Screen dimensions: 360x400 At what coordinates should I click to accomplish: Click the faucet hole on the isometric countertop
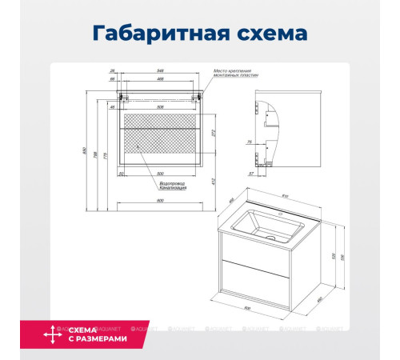tap(303, 214)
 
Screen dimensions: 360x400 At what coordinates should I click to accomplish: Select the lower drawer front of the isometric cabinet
tap(255, 286)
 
